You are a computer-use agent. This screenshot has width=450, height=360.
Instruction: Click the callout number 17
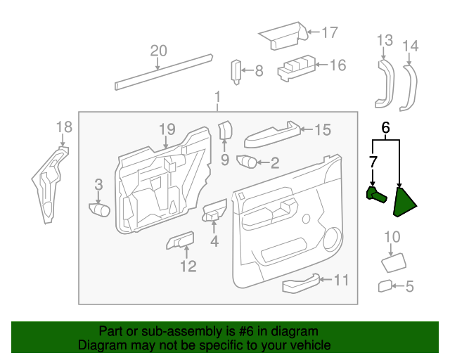tap(330, 32)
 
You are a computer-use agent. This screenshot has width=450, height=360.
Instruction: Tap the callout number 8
tap(259, 70)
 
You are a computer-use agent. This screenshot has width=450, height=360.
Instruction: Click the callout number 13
tap(384, 40)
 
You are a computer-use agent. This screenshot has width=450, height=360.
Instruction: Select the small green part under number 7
tap(375, 194)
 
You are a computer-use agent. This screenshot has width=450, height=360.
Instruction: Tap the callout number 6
tap(385, 128)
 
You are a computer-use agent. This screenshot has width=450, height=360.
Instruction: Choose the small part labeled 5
tap(385, 285)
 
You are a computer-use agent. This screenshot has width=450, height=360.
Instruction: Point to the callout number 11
tap(341, 281)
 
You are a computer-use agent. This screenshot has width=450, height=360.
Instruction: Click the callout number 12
tap(188, 266)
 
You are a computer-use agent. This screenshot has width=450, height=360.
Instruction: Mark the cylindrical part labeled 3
tap(99, 209)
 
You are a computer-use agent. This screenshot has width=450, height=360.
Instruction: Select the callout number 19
tap(166, 129)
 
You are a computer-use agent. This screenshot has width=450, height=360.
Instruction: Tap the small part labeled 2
tap(248, 162)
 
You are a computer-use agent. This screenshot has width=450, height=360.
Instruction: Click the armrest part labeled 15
tap(271, 134)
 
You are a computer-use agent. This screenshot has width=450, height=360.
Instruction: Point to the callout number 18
tap(64, 127)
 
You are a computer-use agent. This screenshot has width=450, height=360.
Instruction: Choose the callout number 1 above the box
tap(218, 96)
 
